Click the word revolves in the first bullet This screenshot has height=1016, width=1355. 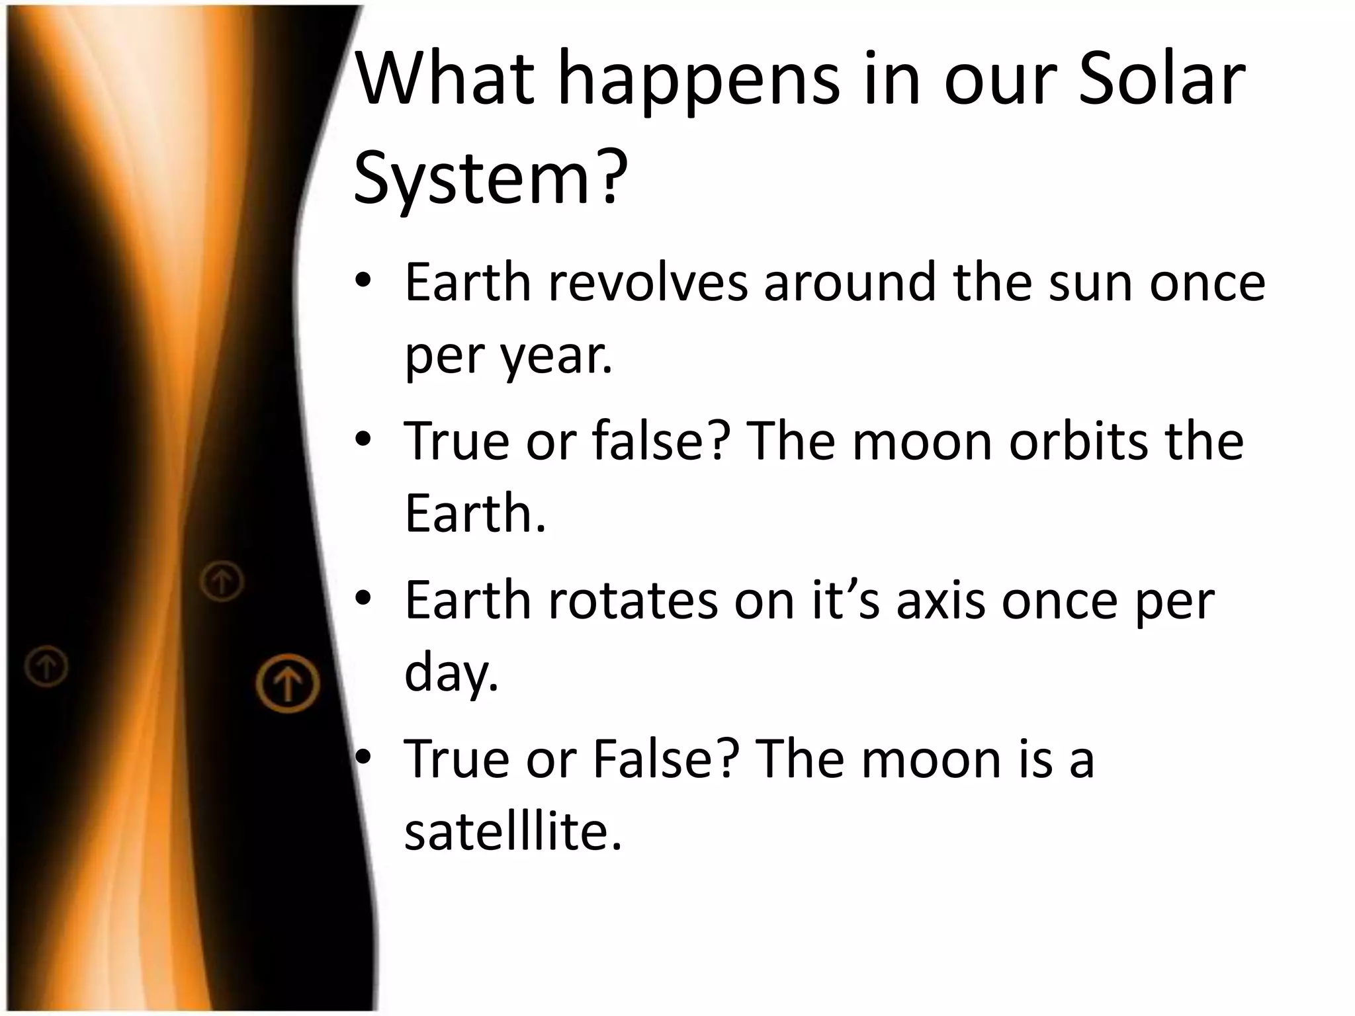[x=648, y=283]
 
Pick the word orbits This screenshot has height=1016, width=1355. [x=1078, y=442]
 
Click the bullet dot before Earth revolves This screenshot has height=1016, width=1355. [x=363, y=283]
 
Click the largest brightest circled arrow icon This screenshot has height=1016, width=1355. [x=288, y=683]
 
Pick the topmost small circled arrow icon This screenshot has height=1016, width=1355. [x=222, y=581]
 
